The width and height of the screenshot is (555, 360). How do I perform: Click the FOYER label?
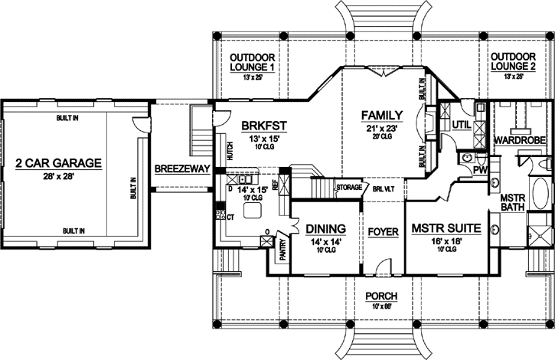(382, 230)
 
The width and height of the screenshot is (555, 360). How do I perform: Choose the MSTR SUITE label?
(446, 228)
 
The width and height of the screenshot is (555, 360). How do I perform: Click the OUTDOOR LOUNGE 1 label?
(252, 62)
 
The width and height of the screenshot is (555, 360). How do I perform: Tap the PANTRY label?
(282, 250)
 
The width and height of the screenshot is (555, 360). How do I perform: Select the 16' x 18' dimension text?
(446, 241)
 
